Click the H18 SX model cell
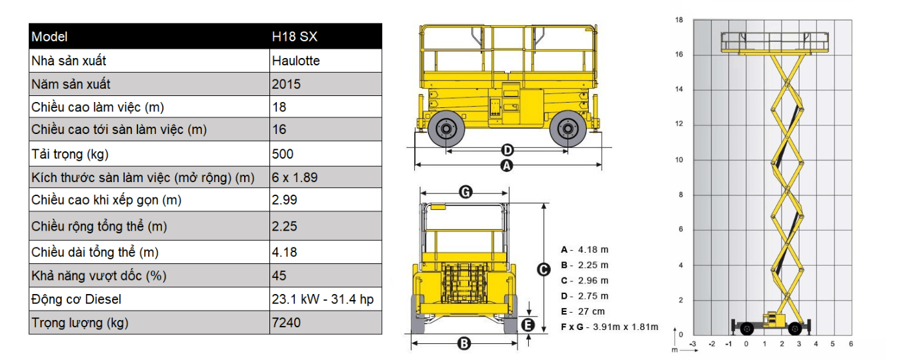click(294, 37)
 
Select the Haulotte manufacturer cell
click(295, 61)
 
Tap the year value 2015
click(286, 84)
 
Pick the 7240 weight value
click(286, 323)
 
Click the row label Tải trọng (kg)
click(70, 154)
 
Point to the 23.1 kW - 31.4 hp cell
click(323, 299)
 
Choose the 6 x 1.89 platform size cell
click(295, 177)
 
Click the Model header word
click(49, 37)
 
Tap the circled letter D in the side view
click(508, 150)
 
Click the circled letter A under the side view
click(507, 165)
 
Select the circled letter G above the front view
click(466, 191)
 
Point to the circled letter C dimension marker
click(544, 270)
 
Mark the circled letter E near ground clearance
click(528, 325)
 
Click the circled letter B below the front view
click(464, 344)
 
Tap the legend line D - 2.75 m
click(585, 296)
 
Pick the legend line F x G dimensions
click(610, 327)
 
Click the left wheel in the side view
click(445, 129)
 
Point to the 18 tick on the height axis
click(679, 20)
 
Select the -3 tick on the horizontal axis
click(693, 344)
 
